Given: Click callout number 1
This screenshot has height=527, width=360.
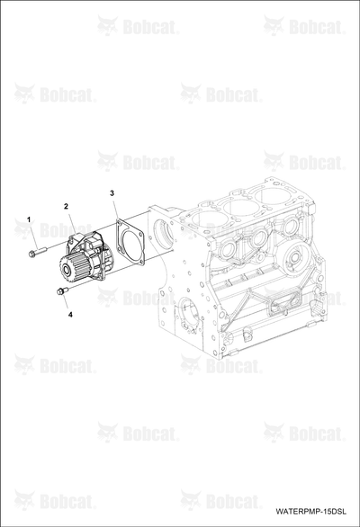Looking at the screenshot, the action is pyautogui.click(x=29, y=219).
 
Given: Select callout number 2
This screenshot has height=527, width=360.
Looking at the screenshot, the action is pyautogui.click(x=67, y=206).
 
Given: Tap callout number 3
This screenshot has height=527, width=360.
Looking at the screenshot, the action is pyautogui.click(x=112, y=193).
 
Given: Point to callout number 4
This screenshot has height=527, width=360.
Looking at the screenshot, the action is pyautogui.click(x=70, y=315).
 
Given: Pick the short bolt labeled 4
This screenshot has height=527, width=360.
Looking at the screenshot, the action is pyautogui.click(x=62, y=290).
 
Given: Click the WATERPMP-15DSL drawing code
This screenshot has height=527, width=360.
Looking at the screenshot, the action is pyautogui.click(x=310, y=512).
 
